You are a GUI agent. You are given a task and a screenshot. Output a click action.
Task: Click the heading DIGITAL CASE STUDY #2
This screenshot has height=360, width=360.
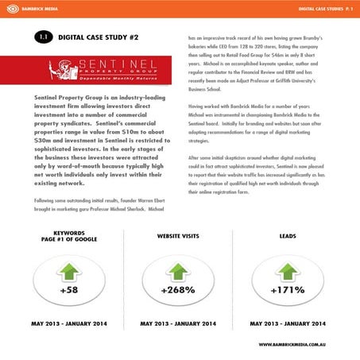(99, 37)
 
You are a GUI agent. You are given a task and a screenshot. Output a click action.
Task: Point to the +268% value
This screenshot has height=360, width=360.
(177, 290)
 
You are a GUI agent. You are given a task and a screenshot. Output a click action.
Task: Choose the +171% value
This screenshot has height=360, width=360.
(287, 290)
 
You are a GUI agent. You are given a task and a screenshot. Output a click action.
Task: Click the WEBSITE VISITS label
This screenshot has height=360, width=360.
(178, 236)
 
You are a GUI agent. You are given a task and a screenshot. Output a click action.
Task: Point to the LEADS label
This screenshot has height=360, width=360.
(287, 236)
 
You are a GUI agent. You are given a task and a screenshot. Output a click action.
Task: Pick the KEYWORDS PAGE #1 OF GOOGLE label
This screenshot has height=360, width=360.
(68, 239)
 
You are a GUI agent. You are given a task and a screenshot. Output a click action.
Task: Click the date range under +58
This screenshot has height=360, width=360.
(68, 324)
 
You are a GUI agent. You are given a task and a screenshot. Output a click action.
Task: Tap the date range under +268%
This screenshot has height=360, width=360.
(178, 324)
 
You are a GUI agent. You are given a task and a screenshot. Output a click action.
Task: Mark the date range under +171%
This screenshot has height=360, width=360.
(287, 324)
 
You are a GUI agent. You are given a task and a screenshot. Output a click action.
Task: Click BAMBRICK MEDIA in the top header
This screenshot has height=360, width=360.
(32, 9)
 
